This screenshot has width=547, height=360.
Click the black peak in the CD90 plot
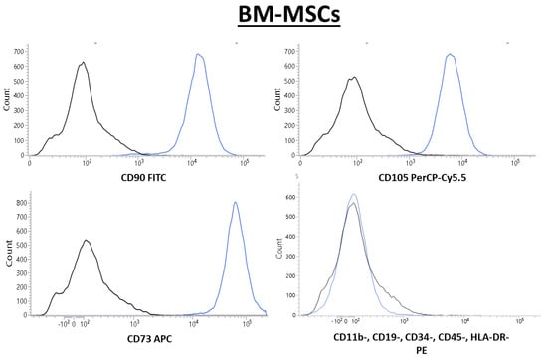coord(84,63)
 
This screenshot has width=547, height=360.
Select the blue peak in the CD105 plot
coord(451,55)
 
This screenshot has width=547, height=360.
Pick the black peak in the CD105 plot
coord(354,78)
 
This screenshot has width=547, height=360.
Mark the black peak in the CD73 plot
coord(86,241)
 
